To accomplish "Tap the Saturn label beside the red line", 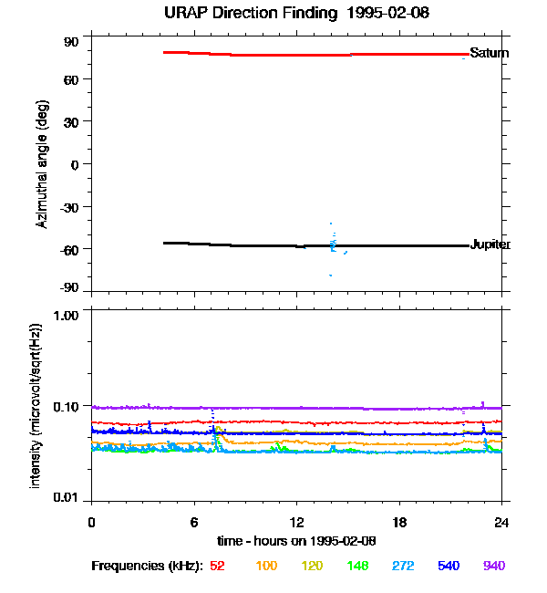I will pos(489,53).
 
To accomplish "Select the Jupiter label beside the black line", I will pos(490,244).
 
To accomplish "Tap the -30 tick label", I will pos(69,206).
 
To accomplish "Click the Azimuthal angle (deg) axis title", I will pos(42,164).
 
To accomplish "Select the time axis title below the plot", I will pos(296,541).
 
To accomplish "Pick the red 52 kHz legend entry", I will pos(217,567).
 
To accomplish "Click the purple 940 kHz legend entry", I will pos(493,567).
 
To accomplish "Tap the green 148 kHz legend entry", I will pos(356,567).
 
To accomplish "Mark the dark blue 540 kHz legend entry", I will pos(448,567).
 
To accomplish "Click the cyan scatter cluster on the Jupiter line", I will pos(333,244).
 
